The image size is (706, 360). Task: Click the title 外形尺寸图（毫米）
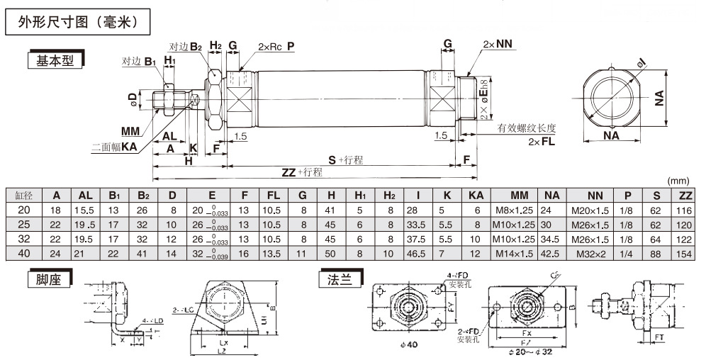point(80,23)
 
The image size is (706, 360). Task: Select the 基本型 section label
point(55,61)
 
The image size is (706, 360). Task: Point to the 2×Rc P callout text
point(276,46)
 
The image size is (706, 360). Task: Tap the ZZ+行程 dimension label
point(302,172)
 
